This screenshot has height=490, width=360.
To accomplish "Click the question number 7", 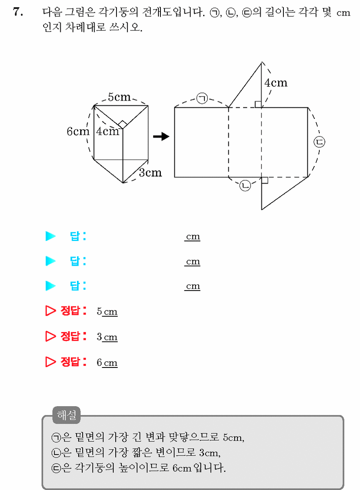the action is click(x=18, y=11).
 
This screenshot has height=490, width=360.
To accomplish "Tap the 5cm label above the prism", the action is click(x=119, y=97).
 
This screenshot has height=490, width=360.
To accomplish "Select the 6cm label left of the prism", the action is click(x=78, y=131).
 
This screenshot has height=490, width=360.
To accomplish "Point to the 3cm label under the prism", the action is click(x=150, y=173).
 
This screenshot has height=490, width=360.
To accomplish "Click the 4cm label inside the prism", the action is click(x=108, y=131).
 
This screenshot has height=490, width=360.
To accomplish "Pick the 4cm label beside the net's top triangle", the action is click(x=276, y=83).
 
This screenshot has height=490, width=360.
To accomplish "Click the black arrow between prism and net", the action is click(x=161, y=136).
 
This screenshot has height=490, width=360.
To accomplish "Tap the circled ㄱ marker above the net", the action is click(x=202, y=98).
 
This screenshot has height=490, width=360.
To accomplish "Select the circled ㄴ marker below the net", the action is click(x=245, y=186).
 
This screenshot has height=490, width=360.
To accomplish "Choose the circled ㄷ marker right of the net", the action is click(x=320, y=142).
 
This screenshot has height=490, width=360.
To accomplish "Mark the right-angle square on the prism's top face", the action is click(x=123, y=124).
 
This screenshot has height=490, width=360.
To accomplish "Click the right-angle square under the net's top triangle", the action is click(x=258, y=104).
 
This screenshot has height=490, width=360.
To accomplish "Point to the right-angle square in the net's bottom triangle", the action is click(x=265, y=180).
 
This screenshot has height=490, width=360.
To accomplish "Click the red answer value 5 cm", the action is click(x=107, y=311).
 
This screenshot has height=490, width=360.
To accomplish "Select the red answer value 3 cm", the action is click(x=107, y=337).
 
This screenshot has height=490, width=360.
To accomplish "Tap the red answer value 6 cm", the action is click(x=107, y=363).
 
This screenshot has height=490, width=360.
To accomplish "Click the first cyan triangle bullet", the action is click(x=50, y=236).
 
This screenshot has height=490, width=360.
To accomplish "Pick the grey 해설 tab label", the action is click(x=66, y=415).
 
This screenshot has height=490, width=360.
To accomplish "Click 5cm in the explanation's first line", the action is click(x=233, y=437).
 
